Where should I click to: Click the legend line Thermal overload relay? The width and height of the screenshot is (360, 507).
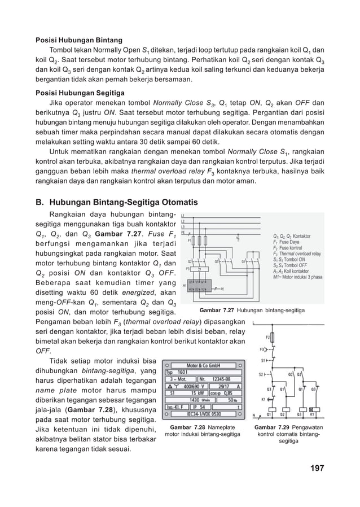click(x=296, y=254)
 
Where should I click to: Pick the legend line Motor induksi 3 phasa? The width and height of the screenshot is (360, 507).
click(x=297, y=277)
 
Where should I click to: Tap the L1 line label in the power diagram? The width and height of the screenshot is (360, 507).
click(x=182, y=217)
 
